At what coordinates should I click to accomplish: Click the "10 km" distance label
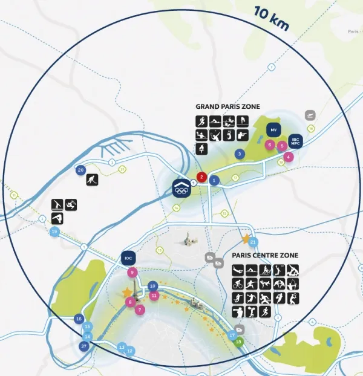[271, 19]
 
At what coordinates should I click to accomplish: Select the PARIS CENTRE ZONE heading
[264, 255]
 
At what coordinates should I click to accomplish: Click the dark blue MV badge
[273, 130]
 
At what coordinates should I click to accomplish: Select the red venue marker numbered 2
[202, 178]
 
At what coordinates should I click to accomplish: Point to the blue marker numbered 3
[240, 154]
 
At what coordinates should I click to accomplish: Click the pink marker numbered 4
[288, 157]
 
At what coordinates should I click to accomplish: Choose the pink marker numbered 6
[270, 144]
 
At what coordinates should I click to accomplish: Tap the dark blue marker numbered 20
[80, 170]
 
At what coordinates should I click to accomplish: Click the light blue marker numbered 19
[55, 232]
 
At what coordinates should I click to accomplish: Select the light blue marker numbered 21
[253, 242]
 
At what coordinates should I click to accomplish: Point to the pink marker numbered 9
[131, 273]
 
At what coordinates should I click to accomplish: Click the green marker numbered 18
[238, 342]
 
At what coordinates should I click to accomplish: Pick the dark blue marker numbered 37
[84, 346]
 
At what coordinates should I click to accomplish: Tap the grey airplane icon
[310, 114]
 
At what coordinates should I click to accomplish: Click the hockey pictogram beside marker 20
[91, 180]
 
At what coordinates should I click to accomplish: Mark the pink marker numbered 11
[154, 296]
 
